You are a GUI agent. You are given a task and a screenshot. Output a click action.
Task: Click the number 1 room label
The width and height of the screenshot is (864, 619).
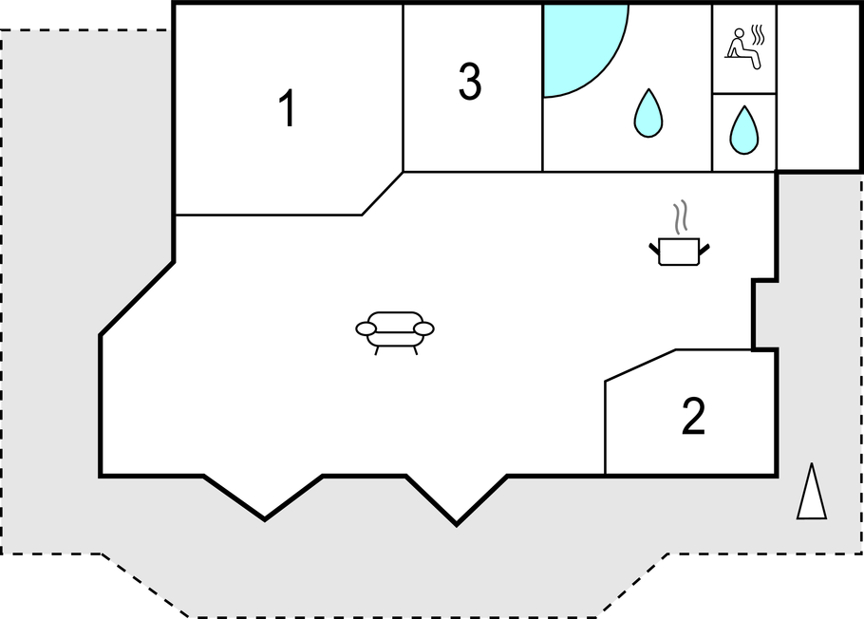click(288, 108)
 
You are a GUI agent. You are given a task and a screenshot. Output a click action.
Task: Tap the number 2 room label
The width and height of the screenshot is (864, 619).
click(693, 416)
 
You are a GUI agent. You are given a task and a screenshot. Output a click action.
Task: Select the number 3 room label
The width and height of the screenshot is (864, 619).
click(470, 81)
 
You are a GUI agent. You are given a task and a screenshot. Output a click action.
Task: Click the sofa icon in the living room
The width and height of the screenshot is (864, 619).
click(395, 333)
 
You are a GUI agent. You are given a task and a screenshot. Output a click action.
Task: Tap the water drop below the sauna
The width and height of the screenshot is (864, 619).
click(743, 130)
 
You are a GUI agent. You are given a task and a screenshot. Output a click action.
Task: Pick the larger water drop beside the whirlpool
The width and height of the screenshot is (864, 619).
click(648, 112)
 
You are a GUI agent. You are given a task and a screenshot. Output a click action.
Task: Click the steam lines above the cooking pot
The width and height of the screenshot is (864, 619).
click(681, 216)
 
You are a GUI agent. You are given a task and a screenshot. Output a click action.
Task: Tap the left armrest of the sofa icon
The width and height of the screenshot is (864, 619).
click(366, 329)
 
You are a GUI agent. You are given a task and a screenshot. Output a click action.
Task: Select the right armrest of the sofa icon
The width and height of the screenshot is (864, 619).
click(423, 329)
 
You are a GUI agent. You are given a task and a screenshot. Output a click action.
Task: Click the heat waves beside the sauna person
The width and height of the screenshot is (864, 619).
click(759, 34)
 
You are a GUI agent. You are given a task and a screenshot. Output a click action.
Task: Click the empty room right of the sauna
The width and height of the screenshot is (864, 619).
click(818, 88)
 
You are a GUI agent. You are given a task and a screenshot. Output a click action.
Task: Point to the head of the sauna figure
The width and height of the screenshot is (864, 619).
click(740, 33)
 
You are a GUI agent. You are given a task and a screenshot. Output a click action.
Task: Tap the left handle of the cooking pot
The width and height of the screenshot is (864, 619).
click(654, 249)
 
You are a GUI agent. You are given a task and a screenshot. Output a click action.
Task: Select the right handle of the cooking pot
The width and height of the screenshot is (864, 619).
click(704, 249)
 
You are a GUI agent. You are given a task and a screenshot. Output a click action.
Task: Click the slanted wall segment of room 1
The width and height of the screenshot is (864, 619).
click(383, 194)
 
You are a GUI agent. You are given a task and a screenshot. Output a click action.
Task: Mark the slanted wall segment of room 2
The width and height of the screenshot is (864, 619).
click(640, 365)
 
